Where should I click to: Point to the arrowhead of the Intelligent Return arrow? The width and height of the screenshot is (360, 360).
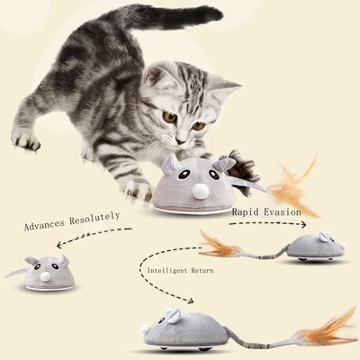pyautogui.click(x=193, y=302)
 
